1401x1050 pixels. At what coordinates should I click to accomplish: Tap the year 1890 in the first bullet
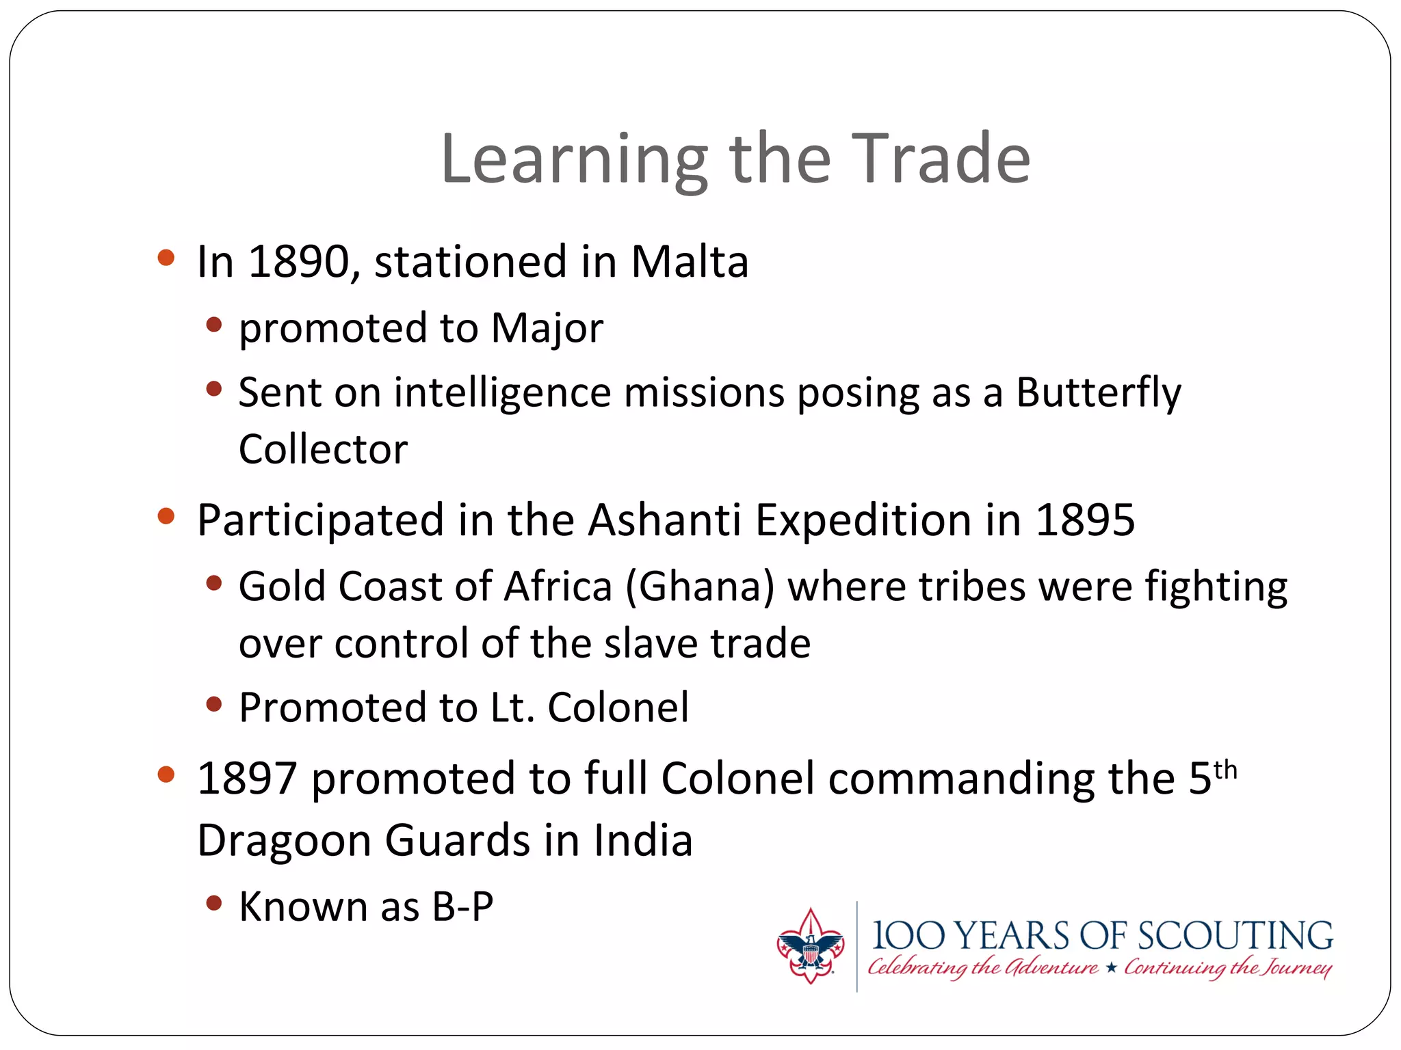click(x=298, y=262)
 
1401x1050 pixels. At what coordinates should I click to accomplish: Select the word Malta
click(x=689, y=262)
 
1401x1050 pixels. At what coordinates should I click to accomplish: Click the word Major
click(x=547, y=329)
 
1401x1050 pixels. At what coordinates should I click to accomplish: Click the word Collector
click(x=323, y=450)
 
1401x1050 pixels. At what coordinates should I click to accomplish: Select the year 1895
click(x=1085, y=520)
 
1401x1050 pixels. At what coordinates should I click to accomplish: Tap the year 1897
click(x=247, y=779)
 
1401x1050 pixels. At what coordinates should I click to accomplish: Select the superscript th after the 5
click(x=1225, y=770)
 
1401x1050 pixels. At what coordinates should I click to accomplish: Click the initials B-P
click(x=462, y=908)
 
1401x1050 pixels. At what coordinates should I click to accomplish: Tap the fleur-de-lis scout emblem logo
click(x=811, y=947)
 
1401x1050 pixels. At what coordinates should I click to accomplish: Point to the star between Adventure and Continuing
click(x=1111, y=968)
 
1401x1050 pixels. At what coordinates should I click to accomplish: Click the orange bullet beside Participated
click(x=166, y=517)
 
